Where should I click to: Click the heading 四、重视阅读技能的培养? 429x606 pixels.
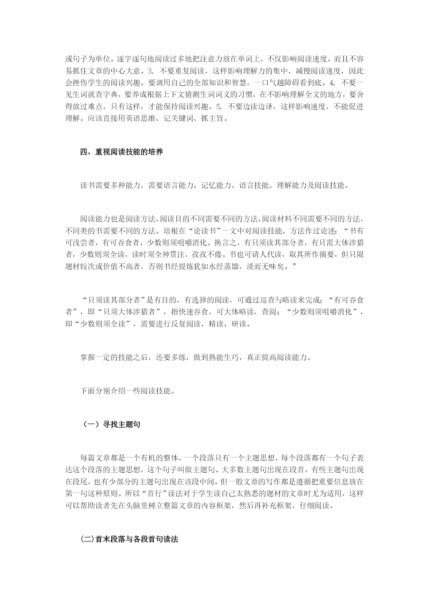coord(121,152)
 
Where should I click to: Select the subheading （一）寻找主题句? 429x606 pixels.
coord(111,424)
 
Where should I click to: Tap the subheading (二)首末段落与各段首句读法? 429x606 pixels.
coord(129,539)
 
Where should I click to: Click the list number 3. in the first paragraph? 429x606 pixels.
coord(150,72)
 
